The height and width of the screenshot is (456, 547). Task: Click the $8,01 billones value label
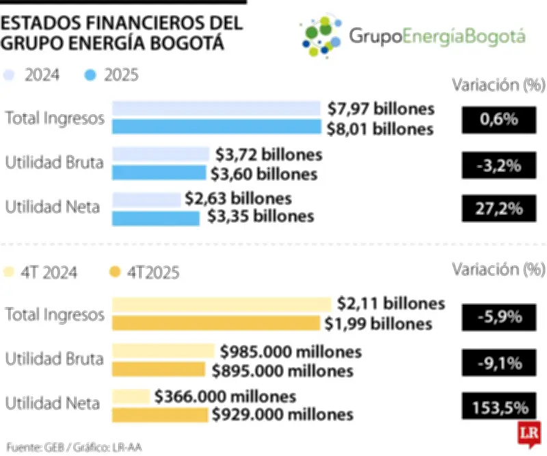[x=380, y=129]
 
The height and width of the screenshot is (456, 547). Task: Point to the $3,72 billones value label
[x=269, y=155]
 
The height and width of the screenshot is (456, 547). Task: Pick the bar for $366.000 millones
[x=131, y=396]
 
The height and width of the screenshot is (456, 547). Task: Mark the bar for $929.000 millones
[x=159, y=415]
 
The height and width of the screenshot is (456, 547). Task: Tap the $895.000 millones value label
[x=282, y=370]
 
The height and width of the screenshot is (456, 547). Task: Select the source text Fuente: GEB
[x=31, y=446]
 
